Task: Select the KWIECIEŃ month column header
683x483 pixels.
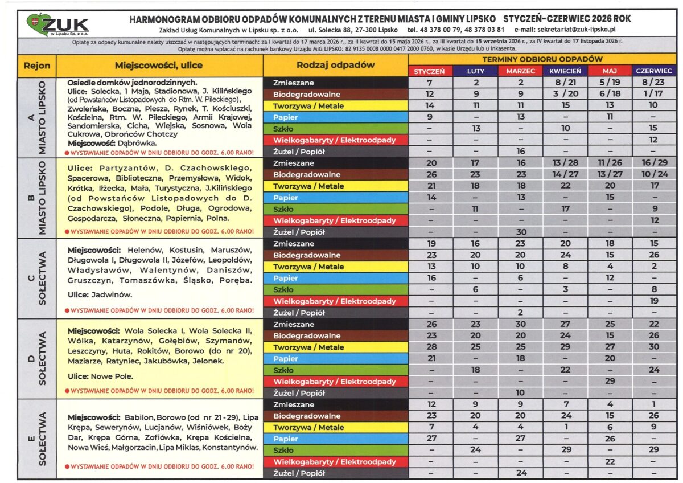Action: coord(565,71)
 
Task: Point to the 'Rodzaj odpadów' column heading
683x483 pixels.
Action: coord(336,65)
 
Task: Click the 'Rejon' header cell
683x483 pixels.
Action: coord(37,66)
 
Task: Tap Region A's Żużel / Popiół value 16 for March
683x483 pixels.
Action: coord(520,152)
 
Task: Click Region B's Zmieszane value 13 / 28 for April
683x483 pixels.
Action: coord(565,163)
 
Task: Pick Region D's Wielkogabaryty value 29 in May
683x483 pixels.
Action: coord(610,381)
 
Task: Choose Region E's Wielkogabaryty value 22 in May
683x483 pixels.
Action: coord(610,461)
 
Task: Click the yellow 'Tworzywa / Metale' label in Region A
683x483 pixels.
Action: coord(308,105)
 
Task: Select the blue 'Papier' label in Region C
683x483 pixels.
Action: coord(286,278)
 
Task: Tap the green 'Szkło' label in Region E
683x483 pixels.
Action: coord(283,450)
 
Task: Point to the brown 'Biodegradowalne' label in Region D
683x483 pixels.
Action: coord(306,335)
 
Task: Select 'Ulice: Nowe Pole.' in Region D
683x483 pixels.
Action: coord(100,376)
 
